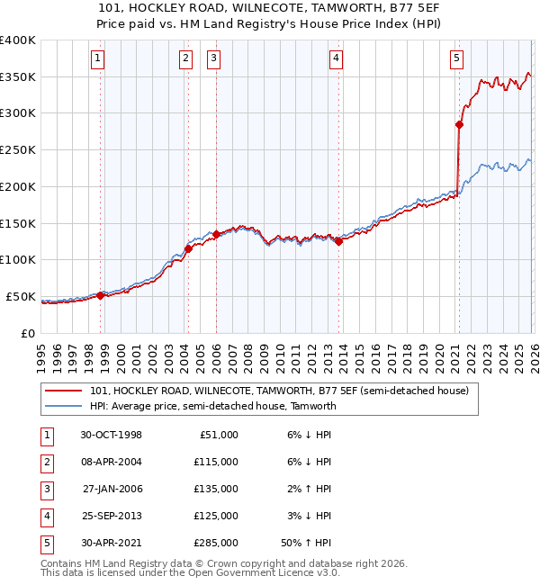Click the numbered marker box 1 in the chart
[96, 59]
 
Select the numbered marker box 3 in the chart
[214, 59]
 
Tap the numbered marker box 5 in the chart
[456, 59]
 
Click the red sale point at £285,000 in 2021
[459, 125]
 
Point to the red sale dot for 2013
[338, 241]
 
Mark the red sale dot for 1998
[101, 295]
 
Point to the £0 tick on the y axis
[28, 333]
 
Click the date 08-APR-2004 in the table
[112, 462]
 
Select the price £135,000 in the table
[216, 489]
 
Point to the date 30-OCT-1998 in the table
[112, 435]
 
